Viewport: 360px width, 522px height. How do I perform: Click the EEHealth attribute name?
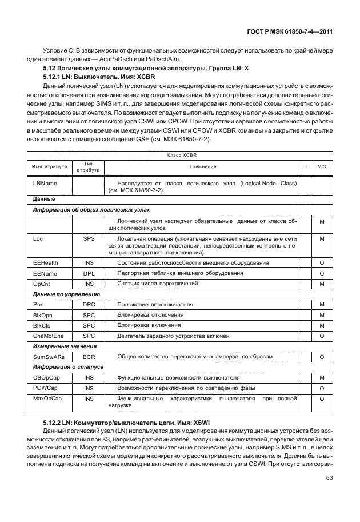pyautogui.click(x=46, y=262)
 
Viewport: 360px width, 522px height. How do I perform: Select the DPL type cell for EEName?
pyautogui.click(x=88, y=273)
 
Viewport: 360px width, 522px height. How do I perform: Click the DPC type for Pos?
pyautogui.click(x=88, y=305)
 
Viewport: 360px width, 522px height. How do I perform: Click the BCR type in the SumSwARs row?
pyautogui.click(x=88, y=357)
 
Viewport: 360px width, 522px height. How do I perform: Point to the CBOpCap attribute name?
pyautogui.click(x=47, y=378)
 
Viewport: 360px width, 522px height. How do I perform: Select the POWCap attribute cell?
pyautogui.click(x=46, y=388)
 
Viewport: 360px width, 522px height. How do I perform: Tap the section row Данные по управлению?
pyautogui.click(x=66, y=294)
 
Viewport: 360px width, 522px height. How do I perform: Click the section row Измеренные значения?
pyautogui.click(x=65, y=346)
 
